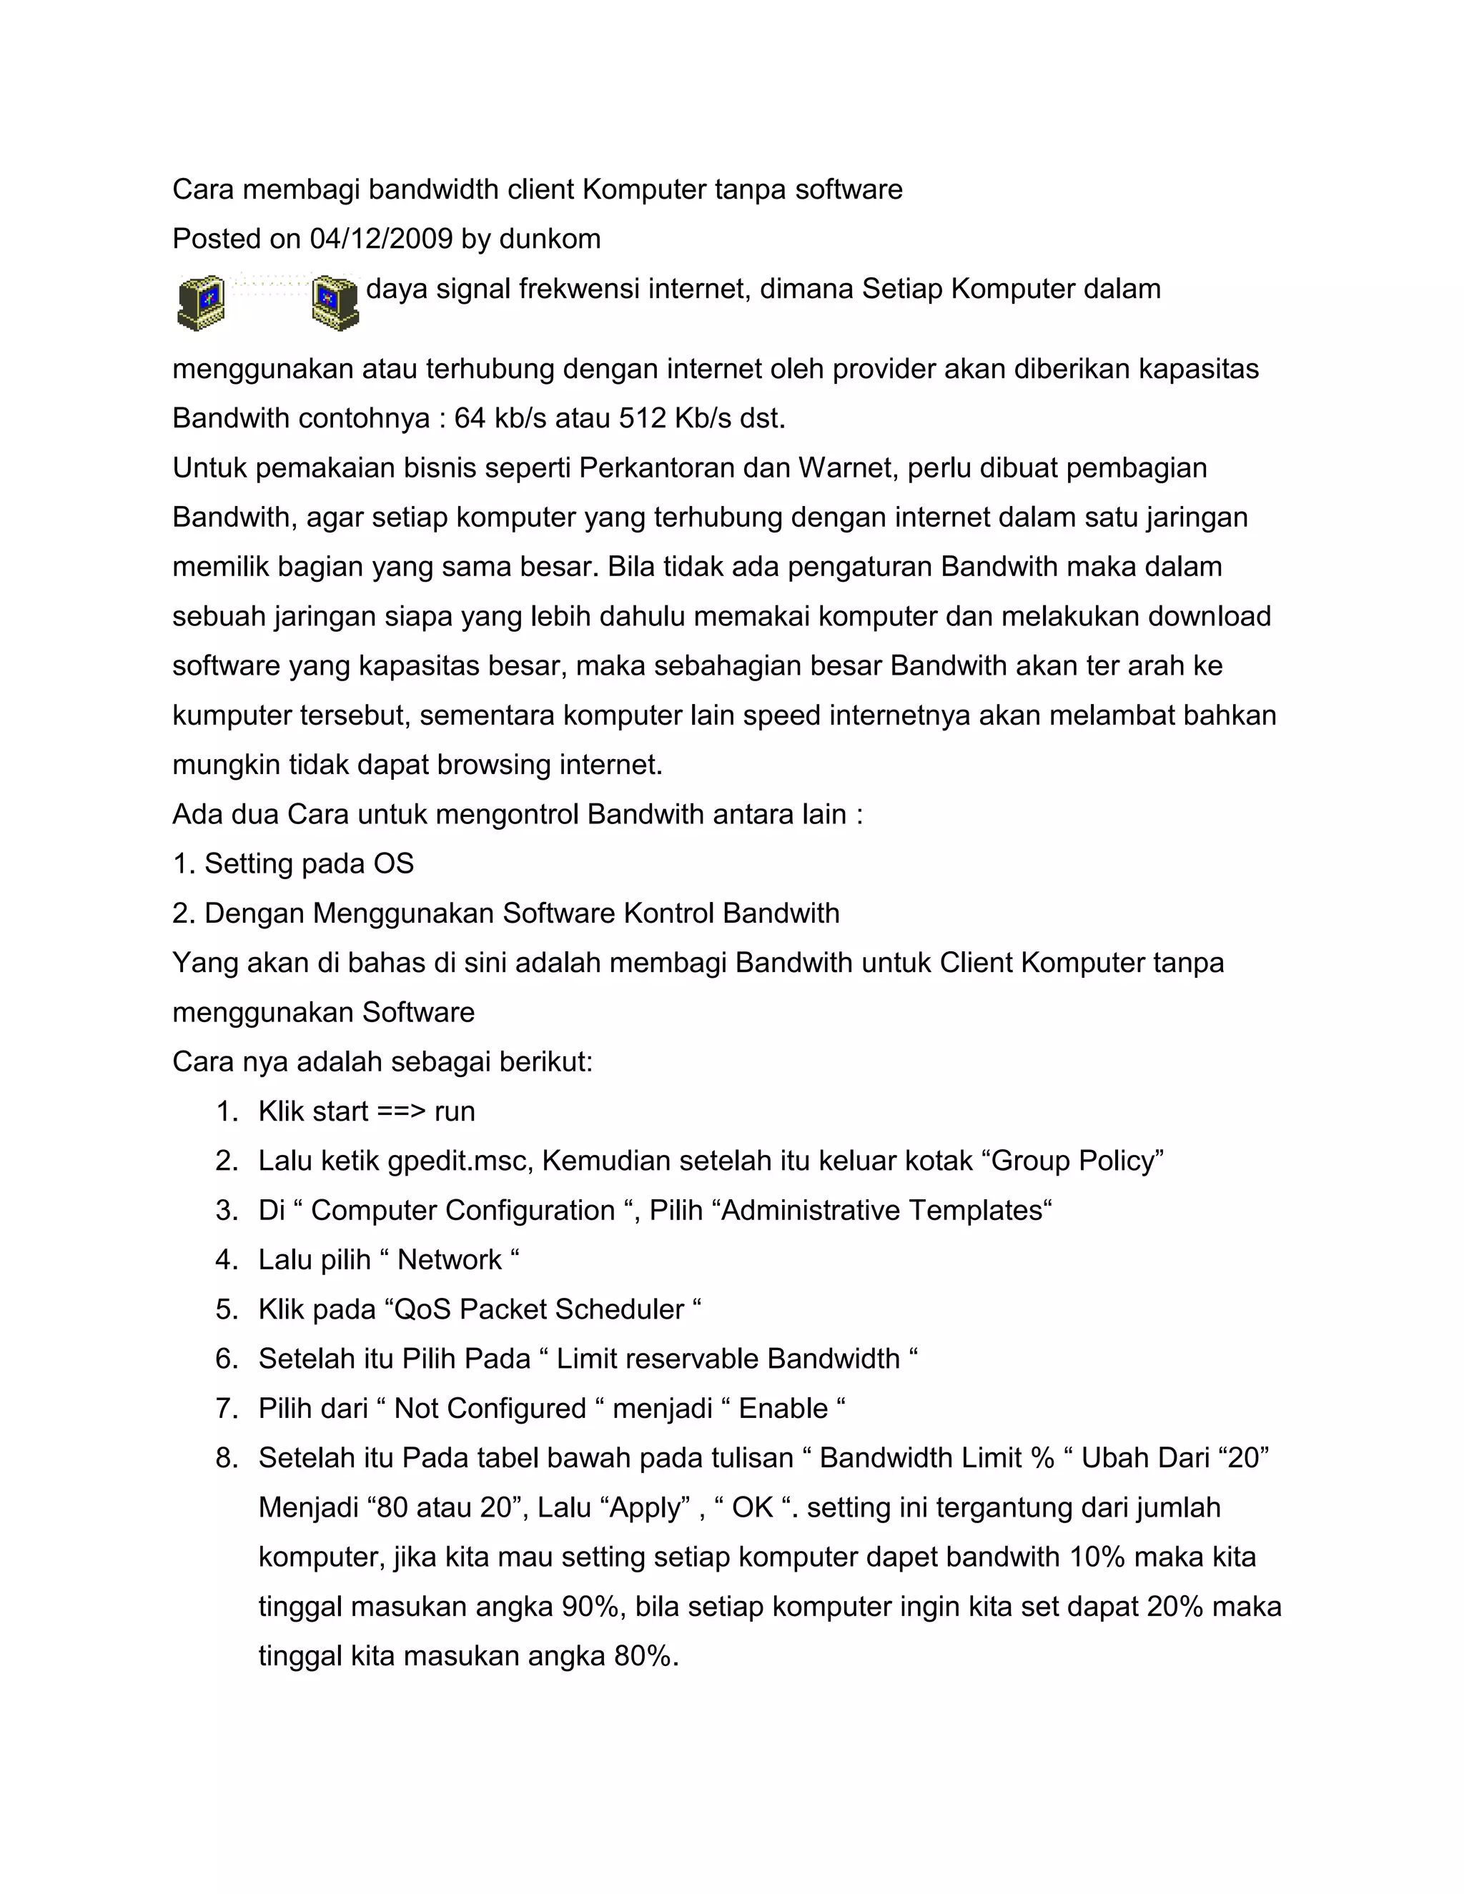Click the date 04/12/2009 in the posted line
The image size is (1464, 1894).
[381, 239]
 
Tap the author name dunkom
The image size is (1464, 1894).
[550, 239]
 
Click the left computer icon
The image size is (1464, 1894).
[201, 302]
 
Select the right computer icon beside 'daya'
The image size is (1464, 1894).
[335, 302]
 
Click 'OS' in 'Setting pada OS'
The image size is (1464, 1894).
[394, 864]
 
